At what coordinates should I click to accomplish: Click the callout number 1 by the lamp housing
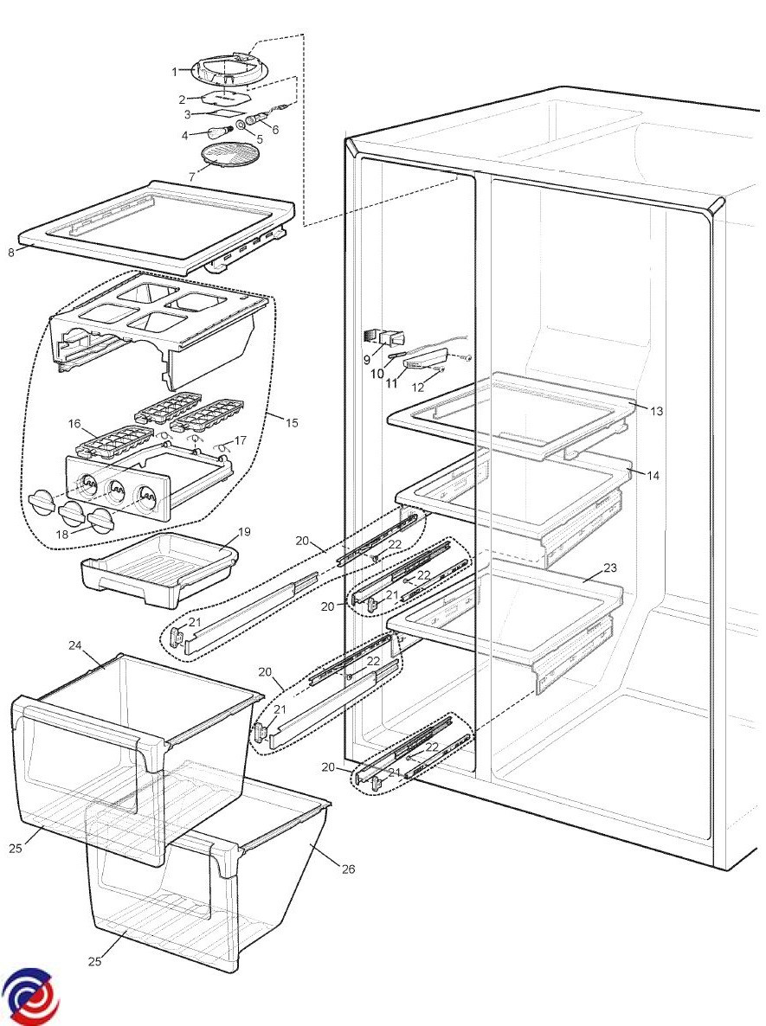coord(174,71)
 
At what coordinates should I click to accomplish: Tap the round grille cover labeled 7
coord(226,157)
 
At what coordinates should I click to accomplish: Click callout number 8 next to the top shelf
coord(11,252)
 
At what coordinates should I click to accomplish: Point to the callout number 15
coord(292,423)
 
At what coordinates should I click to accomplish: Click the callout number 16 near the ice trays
coord(74,424)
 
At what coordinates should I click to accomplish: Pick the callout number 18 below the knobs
coord(62,534)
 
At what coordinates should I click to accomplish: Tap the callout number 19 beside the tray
coord(243,531)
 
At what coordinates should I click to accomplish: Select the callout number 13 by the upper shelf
coord(657,411)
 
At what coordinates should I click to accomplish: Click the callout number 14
coord(653,476)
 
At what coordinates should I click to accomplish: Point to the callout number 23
coord(610,568)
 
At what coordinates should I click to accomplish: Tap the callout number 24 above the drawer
coord(74,645)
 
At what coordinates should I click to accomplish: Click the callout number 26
coord(348,869)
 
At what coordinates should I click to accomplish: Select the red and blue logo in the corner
coord(30,996)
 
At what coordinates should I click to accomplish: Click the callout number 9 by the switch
coord(367,359)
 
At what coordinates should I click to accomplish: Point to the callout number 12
coord(418,388)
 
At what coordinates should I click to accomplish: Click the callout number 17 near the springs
coord(241,440)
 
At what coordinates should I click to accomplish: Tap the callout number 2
coord(182,100)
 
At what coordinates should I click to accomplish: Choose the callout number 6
coord(275,131)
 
